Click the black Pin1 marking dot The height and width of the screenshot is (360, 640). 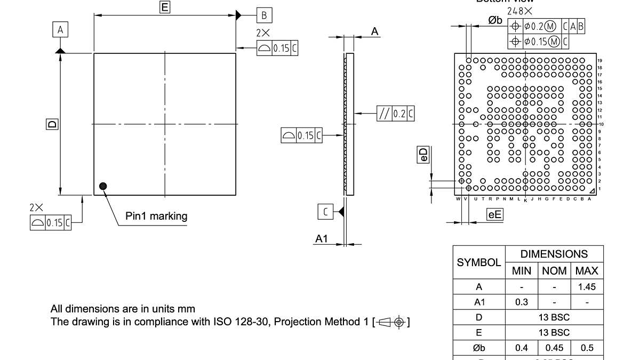[103, 186]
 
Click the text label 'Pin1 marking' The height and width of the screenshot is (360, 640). [156, 216]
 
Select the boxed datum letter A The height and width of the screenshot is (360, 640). [60, 30]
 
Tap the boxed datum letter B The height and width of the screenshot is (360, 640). [263, 15]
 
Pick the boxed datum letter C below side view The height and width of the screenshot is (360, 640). [325, 212]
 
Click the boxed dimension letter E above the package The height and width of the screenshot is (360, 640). [165, 7]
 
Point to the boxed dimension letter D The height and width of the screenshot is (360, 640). [52, 124]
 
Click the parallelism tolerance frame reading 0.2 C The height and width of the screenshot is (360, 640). [396, 114]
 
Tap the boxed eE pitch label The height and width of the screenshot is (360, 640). [495, 214]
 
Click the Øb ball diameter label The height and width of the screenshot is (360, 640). [495, 20]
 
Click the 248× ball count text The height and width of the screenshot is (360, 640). [519, 11]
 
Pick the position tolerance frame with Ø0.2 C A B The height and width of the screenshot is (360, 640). [547, 26]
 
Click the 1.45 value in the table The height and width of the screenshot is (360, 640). [587, 287]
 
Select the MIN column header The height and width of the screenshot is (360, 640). [521, 271]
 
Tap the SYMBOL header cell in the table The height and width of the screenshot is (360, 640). [479, 262]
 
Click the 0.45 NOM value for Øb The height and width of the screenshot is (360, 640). [554, 348]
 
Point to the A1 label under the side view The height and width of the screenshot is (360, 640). [321, 239]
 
